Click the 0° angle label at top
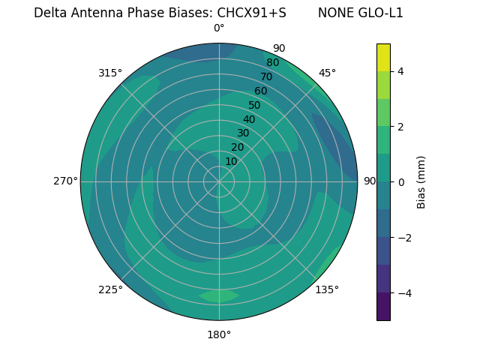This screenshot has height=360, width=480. [219, 28]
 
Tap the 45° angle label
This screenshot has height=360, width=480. [327, 73]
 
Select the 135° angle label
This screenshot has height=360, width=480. [327, 289]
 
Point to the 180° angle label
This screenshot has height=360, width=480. [219, 334]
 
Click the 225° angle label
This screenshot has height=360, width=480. [110, 289]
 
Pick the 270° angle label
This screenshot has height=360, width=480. [65, 181]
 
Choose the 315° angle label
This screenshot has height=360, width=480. [110, 73]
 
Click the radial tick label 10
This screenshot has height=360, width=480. [231, 161]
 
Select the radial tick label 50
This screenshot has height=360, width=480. [255, 106]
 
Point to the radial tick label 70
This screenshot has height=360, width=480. [266, 77]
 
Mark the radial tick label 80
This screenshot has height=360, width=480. [272, 63]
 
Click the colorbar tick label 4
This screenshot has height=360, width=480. [400, 71]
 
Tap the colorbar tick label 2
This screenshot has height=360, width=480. [400, 127]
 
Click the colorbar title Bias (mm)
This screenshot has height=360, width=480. [421, 181]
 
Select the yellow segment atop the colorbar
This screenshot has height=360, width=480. [383, 58]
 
